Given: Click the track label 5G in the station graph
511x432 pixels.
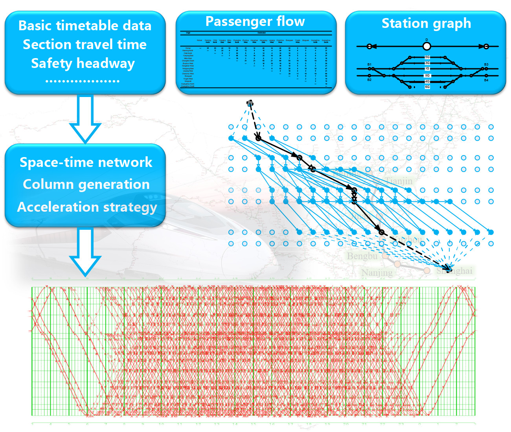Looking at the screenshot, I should pos(427,57).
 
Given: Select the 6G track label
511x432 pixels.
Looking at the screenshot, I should pos(427,87).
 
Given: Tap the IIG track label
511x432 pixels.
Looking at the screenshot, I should pos(427,75).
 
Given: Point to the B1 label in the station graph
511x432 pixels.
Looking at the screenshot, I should pos(369,64).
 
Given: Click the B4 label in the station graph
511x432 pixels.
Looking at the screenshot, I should pos(486,80).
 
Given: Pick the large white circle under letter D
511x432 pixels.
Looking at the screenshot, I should pos(427,46).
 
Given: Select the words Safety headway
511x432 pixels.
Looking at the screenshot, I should pos(83,63).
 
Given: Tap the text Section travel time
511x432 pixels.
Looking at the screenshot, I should pos(85,44).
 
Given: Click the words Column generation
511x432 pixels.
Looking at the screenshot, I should pos(86,184).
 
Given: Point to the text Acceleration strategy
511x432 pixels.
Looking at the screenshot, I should pos(87,207).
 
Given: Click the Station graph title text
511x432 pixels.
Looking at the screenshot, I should pos(426,24).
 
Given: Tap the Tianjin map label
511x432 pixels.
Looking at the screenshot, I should pos(399,181).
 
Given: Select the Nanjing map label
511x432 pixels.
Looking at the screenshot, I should pos(377,273).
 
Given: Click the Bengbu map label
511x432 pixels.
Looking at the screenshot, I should pos(362,256).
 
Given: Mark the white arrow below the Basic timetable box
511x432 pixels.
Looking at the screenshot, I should pos(85,118).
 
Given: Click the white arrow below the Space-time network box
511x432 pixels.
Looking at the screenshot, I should pos(85,251).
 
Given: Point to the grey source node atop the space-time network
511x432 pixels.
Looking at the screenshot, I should pos(250,103).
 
